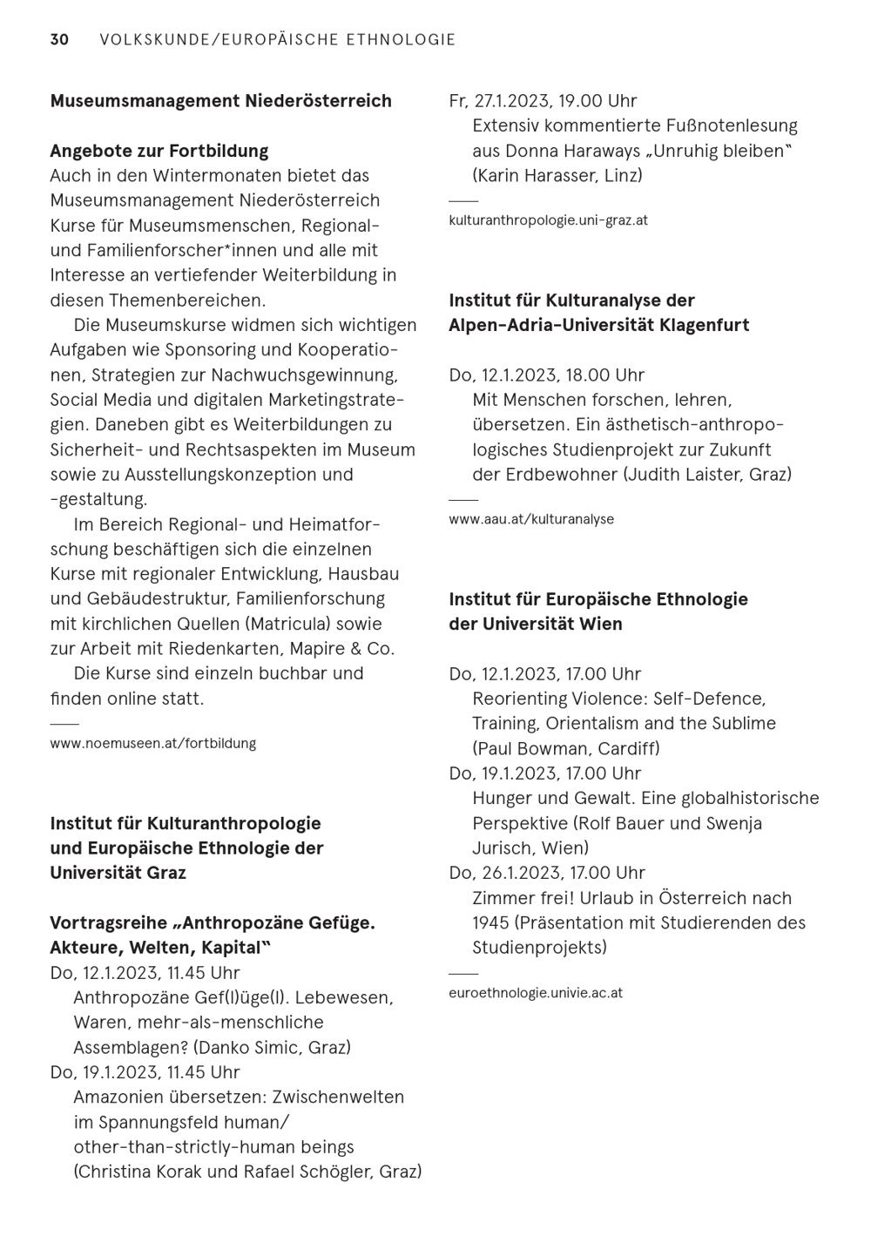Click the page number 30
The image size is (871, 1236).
59,39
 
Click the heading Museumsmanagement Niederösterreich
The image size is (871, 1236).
220,101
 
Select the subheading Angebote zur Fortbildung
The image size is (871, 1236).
159,151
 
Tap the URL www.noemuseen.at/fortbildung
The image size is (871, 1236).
153,744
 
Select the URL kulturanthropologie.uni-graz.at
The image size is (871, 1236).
548,220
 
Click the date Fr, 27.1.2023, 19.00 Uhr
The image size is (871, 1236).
543,101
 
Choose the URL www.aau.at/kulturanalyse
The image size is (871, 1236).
531,519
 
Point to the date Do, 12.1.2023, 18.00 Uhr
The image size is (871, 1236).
546,375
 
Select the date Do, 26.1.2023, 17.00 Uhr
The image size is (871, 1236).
545,873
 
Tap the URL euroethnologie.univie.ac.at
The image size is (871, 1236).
536,993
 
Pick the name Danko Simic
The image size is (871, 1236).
249,1047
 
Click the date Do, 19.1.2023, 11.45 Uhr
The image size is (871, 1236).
145,1072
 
